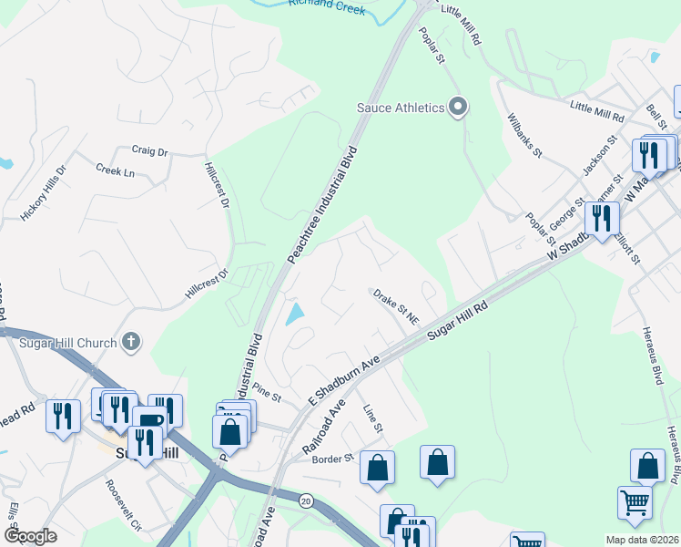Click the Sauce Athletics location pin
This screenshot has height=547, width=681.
(x=459, y=108)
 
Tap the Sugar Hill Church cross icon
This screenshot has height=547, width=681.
(x=131, y=343)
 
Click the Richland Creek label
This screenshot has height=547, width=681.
(x=327, y=7)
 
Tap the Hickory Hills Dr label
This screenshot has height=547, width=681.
(x=44, y=193)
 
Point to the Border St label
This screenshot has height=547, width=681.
(x=332, y=459)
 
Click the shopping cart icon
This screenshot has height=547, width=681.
(x=635, y=501)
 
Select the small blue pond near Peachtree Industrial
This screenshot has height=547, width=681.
(x=295, y=315)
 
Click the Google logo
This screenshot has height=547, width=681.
(x=30, y=536)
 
